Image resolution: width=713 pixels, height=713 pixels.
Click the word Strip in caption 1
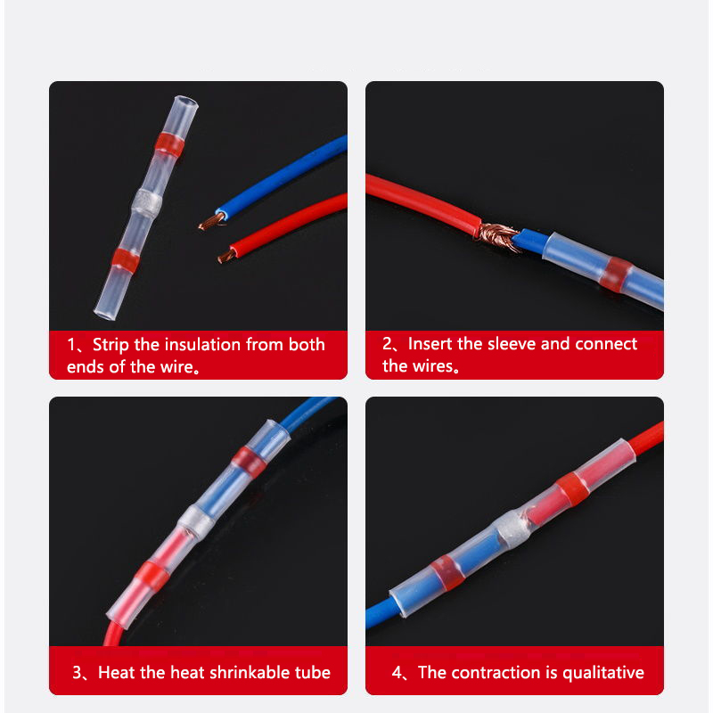click(x=111, y=345)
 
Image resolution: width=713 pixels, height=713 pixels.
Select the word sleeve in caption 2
click(x=512, y=344)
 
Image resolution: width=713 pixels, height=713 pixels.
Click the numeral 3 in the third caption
click(x=77, y=672)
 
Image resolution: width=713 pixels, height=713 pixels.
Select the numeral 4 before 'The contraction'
click(x=397, y=672)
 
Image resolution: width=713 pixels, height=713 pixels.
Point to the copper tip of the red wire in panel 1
click(x=226, y=257)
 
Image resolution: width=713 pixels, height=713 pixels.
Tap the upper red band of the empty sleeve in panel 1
click(x=169, y=144)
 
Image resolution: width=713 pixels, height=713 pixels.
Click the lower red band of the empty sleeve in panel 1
click(x=126, y=260)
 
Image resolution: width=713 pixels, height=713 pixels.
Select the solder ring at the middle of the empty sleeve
click(x=147, y=202)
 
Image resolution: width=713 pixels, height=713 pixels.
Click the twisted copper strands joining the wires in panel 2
click(x=497, y=236)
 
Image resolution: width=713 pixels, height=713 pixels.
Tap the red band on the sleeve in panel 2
click(x=615, y=275)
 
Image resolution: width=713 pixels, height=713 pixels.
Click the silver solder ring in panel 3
click(x=196, y=521)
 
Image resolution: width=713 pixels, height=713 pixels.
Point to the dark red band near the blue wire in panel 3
click(x=249, y=460)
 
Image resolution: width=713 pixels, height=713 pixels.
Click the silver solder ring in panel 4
click(x=511, y=529)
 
